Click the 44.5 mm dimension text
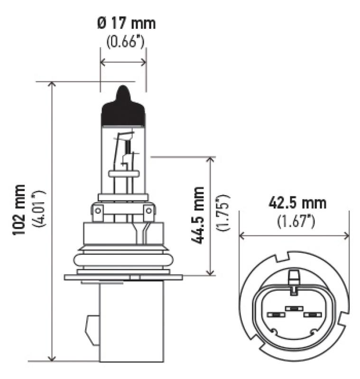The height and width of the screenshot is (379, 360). click(198, 215)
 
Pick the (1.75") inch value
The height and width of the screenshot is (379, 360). click(222, 213)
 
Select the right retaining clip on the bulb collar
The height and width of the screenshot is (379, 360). click(149, 213)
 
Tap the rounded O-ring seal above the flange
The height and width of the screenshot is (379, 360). click(123, 260)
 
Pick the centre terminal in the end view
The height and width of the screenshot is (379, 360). click(294, 309)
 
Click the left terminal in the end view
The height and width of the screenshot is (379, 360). click(274, 315)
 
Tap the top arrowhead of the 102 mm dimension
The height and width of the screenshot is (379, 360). click(52, 85)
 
